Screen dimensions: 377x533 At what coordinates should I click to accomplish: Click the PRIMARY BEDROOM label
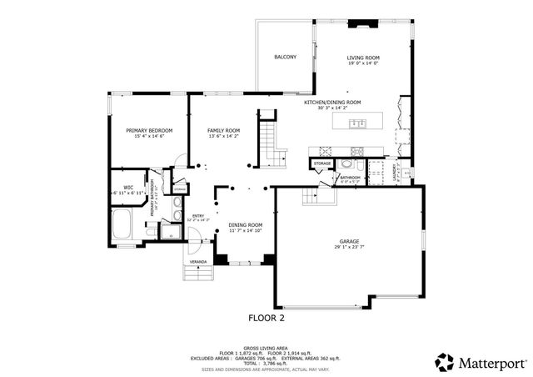tap(149, 131)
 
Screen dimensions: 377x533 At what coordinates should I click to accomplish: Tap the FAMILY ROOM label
tap(223, 131)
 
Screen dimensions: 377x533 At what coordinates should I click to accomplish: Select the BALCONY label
tap(286, 57)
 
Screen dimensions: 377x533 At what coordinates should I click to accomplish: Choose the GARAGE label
tap(348, 241)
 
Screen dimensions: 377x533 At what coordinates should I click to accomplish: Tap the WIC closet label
tap(128, 187)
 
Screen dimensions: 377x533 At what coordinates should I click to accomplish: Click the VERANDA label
tap(198, 262)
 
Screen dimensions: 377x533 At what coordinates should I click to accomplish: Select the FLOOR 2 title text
tap(269, 318)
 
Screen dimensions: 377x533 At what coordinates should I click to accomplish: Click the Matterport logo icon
tap(444, 362)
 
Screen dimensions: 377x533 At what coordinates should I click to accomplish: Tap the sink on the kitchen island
tap(359, 124)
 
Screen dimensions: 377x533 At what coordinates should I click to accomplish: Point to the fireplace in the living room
tap(363, 25)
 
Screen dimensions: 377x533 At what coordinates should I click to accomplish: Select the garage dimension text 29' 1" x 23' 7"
tap(348, 247)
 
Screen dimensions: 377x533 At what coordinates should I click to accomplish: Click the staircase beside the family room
tap(269, 142)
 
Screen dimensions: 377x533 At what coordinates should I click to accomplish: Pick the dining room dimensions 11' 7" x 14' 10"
tap(246, 230)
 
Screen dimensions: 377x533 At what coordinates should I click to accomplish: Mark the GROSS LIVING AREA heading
tap(266, 347)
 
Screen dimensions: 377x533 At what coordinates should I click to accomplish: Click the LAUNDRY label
tap(394, 171)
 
